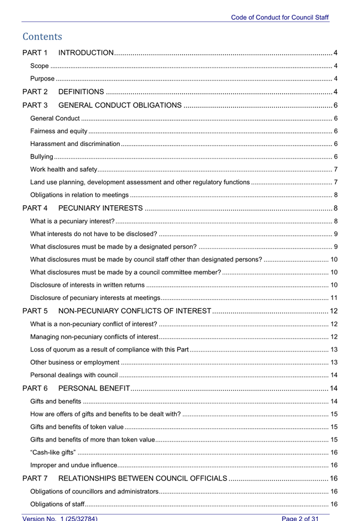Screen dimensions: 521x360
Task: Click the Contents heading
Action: click(x=42, y=37)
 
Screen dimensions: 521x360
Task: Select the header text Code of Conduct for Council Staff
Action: click(x=280, y=17)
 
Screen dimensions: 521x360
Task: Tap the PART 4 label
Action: click(x=35, y=208)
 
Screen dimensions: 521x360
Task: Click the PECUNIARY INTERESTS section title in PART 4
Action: click(x=101, y=208)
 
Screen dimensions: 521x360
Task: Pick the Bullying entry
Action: click(x=42, y=156)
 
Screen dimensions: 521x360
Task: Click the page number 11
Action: click(x=334, y=298)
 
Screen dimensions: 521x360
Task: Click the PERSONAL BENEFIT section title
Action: click(x=94, y=389)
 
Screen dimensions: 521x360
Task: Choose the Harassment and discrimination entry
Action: click(x=75, y=144)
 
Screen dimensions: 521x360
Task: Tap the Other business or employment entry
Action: click(x=75, y=362)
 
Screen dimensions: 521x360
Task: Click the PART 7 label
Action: click(x=35, y=479)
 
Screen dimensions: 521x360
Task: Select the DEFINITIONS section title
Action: click(x=81, y=92)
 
